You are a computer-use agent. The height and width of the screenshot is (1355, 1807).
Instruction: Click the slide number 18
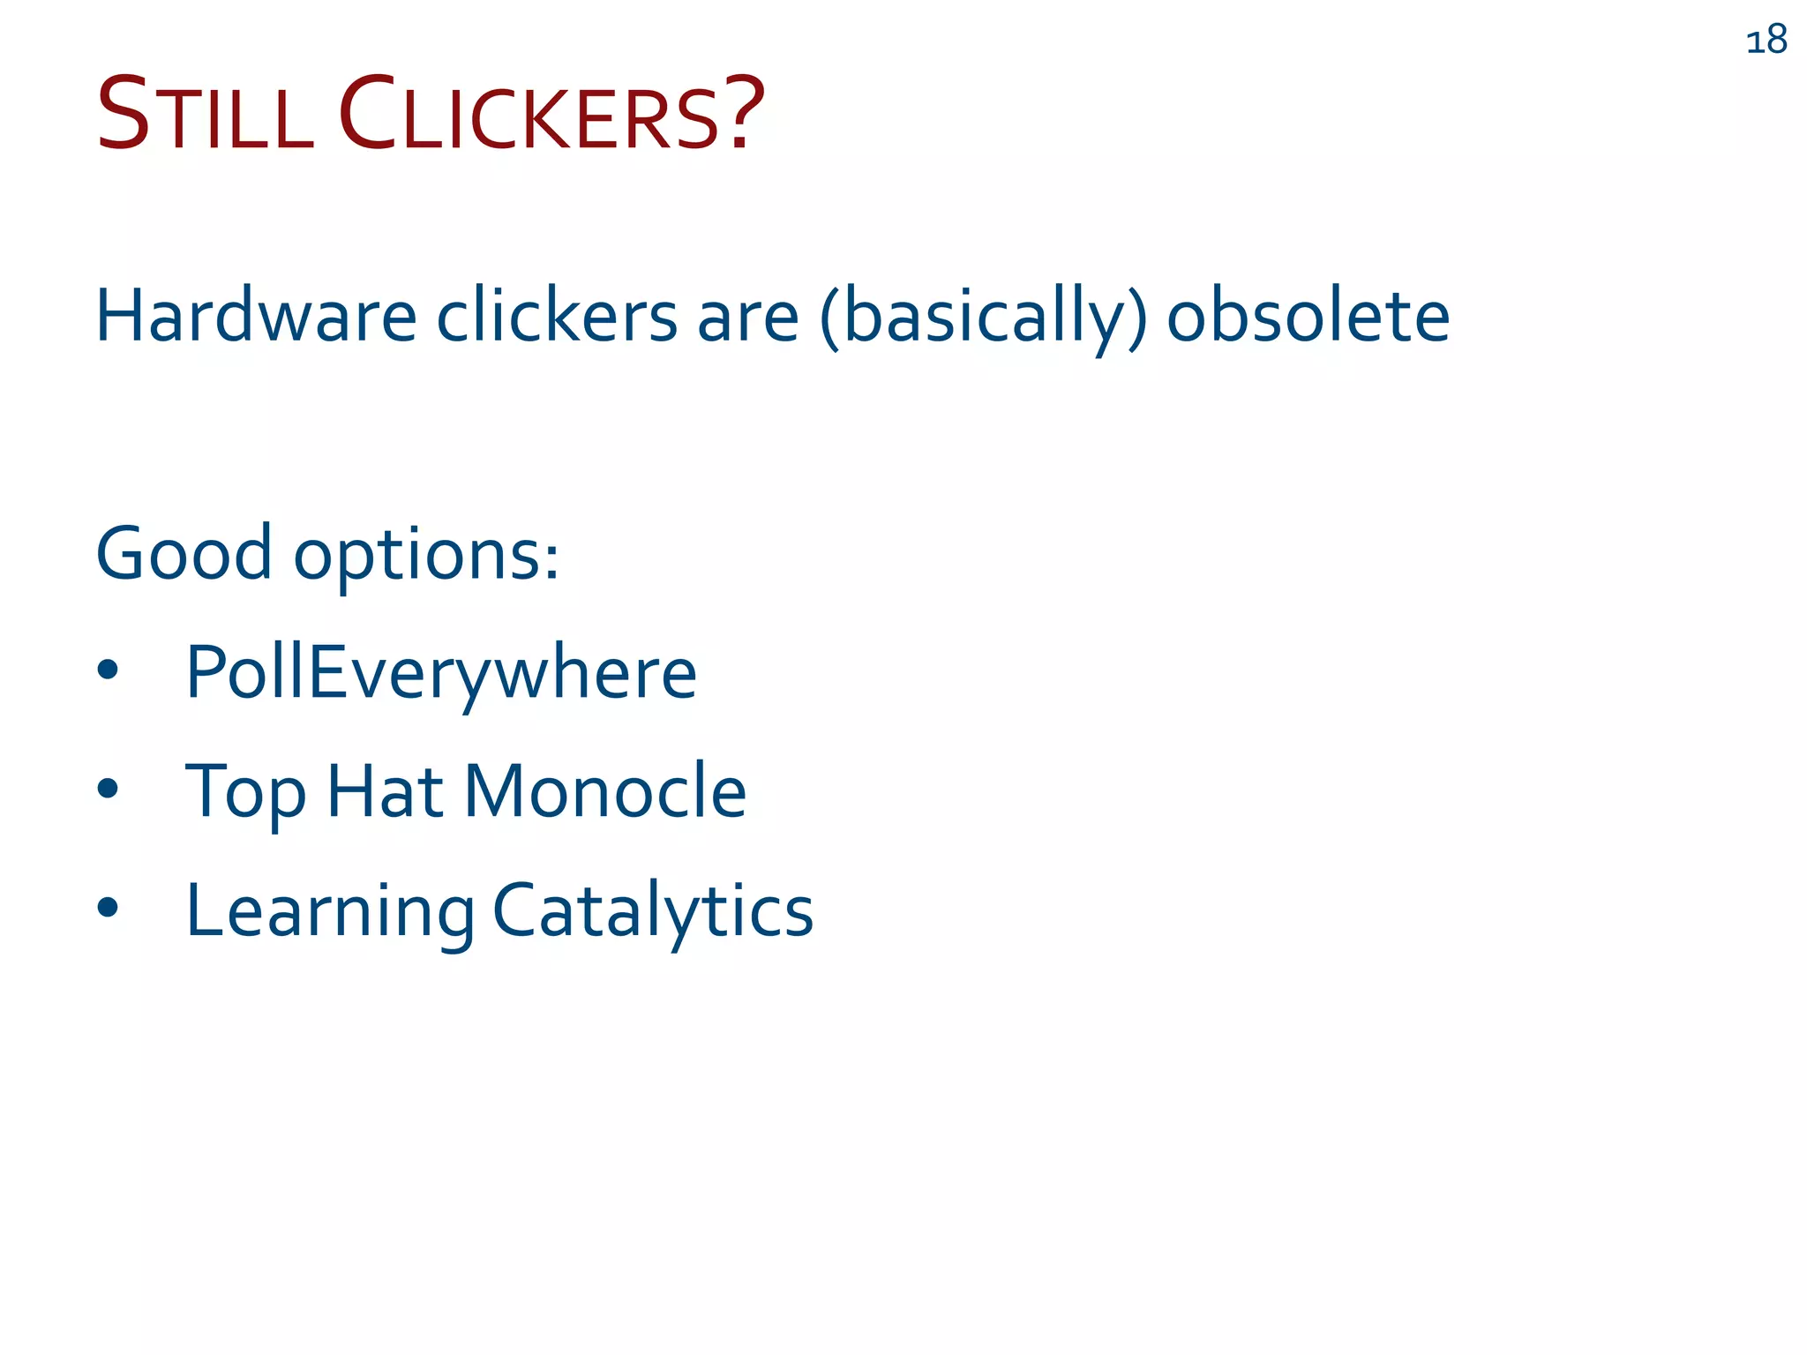(1766, 41)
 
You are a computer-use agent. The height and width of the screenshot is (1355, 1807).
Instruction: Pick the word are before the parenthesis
(748, 318)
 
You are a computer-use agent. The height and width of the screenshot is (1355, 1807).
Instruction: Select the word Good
(184, 554)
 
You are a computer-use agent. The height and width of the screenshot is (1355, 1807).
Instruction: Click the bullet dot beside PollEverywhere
(108, 670)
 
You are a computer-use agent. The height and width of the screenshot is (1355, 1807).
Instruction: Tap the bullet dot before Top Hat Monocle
(108, 789)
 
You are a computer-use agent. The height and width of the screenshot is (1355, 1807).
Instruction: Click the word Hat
(385, 790)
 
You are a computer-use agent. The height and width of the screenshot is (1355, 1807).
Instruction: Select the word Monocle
(605, 790)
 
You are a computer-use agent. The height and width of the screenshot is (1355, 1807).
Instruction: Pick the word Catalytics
(653, 910)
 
